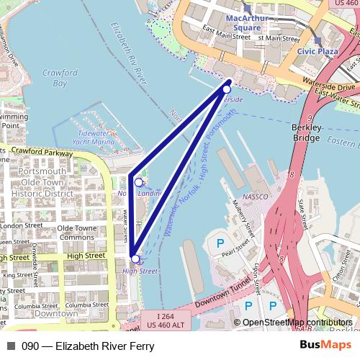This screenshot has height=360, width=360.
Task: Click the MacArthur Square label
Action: [247, 22]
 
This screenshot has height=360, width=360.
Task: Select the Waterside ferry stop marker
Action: [227, 89]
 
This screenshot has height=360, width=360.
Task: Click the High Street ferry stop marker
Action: [135, 258]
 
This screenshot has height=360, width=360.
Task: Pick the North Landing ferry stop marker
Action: [138, 182]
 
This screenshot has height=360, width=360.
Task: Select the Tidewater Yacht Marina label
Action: [98, 138]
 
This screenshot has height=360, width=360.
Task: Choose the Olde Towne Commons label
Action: [76, 233]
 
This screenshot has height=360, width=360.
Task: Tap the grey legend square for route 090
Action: [11, 346]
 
